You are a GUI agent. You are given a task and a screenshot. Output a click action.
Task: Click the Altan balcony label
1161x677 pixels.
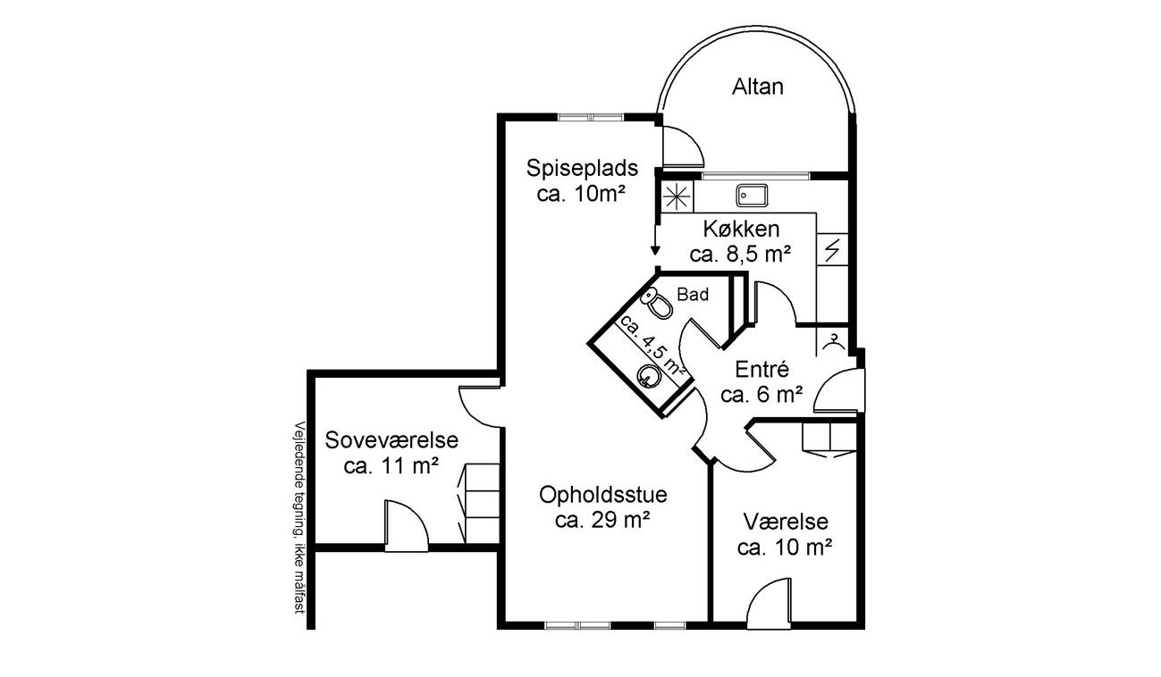point(757,87)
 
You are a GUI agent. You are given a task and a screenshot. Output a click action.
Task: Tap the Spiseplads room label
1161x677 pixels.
point(582,168)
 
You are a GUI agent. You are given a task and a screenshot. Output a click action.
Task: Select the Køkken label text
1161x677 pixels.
point(741,229)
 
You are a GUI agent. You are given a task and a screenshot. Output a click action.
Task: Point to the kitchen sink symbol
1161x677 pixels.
point(752,196)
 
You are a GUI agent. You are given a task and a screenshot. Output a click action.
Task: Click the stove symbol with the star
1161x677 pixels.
point(677,196)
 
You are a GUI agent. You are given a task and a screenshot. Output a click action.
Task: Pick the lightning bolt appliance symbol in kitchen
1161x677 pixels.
point(832,250)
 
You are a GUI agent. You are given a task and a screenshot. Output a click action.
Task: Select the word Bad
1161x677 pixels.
point(693,295)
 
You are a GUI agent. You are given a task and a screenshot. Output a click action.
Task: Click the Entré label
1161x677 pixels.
point(761,370)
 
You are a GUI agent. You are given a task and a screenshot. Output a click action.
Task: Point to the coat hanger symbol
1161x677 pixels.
point(833,342)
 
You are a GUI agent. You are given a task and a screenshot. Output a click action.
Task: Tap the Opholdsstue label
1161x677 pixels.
point(602,495)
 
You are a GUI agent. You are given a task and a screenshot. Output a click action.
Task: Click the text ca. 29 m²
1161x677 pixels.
point(602,520)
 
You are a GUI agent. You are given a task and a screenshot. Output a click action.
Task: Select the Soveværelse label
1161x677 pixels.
point(391,440)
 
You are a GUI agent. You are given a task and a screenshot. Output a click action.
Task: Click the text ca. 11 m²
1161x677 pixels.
point(391,466)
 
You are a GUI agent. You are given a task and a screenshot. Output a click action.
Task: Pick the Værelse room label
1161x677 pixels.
point(786,522)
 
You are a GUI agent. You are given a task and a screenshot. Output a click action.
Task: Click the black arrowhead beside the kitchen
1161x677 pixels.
point(655,250)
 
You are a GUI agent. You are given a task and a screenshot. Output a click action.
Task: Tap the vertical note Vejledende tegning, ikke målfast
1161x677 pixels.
point(299,518)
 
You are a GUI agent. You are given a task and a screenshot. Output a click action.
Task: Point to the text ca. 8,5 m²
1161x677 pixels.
point(740,255)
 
